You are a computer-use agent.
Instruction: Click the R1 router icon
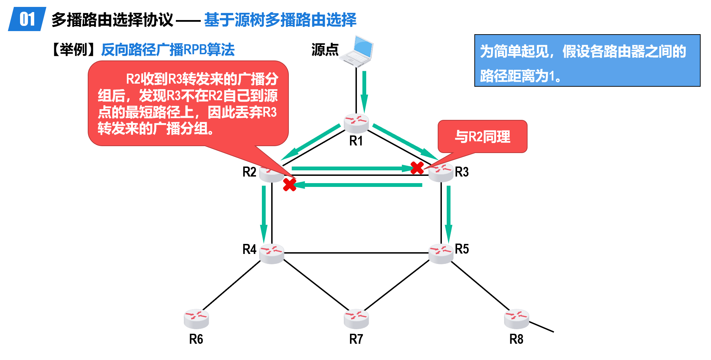point(356,123)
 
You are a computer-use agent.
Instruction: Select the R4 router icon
point(272,254)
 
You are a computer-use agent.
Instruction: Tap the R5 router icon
point(440,254)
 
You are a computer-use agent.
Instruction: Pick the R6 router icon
point(196,319)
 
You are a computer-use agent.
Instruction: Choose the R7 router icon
point(356,319)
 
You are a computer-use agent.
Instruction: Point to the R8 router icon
point(516,319)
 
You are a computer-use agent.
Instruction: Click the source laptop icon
point(357,51)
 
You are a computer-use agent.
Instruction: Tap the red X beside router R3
point(417,168)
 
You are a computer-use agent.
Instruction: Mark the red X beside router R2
point(290,184)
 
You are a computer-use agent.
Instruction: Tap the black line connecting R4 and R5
point(356,253)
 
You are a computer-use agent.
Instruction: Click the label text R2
point(249,172)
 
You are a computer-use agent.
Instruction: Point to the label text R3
point(462,172)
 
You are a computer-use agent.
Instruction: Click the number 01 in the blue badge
point(27,19)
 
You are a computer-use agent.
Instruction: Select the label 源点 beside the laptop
point(325,50)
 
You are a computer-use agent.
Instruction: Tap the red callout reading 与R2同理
point(482,136)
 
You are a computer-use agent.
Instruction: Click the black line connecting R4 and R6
point(231,285)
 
